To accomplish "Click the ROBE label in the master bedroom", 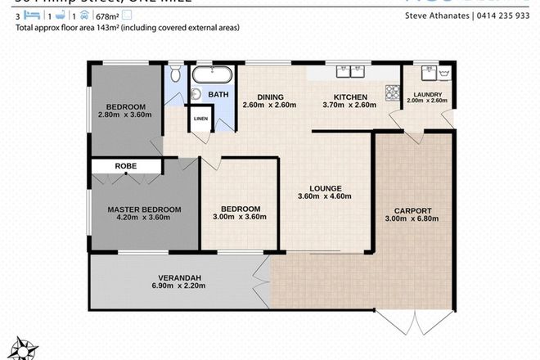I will point(126,166).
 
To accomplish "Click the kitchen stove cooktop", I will point(394,93).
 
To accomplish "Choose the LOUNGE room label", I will point(323,187).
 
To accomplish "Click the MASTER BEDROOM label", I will point(144,209).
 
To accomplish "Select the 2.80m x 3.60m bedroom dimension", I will point(126,116).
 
